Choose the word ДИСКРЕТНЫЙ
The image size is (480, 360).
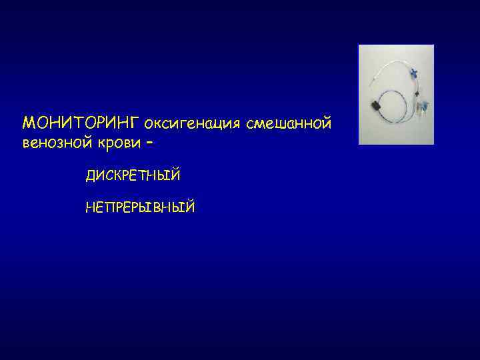pyautogui.click(x=133, y=175)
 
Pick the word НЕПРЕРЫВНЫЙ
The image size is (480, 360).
pyautogui.click(x=140, y=208)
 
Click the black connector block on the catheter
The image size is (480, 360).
pyautogui.click(x=375, y=104)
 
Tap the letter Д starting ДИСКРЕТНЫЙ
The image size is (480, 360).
pyautogui.click(x=90, y=176)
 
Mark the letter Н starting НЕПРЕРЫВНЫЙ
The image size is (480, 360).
pyautogui.click(x=90, y=208)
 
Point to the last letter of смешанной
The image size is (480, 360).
pyautogui.click(x=327, y=123)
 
